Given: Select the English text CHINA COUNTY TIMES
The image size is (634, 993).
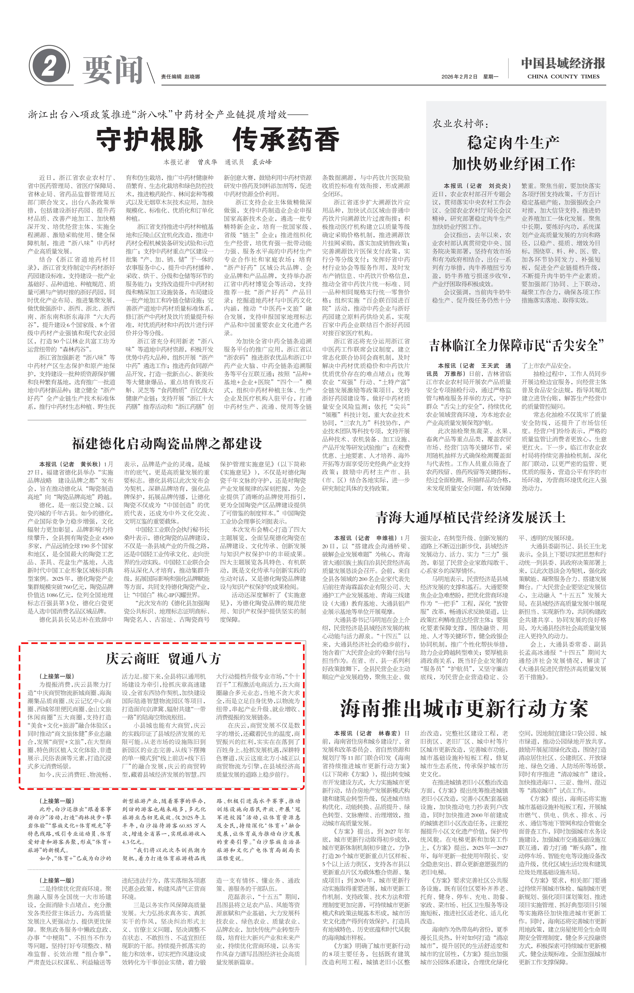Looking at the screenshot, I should (563, 77).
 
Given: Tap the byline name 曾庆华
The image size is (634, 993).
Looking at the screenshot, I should (207, 162).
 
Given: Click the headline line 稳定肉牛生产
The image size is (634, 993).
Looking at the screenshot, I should (513, 143).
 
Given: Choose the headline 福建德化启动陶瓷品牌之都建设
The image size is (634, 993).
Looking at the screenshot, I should (167, 444).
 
